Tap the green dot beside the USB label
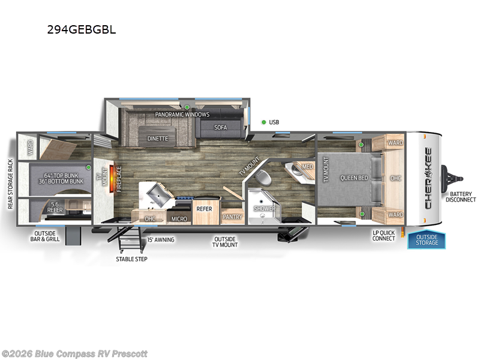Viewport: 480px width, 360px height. (x=263, y=122)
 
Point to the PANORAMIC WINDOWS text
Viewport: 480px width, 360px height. (x=182, y=114)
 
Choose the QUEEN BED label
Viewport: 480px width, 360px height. (x=353, y=178)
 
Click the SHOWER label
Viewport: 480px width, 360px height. (x=264, y=209)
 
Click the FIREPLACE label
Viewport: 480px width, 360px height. (x=118, y=178)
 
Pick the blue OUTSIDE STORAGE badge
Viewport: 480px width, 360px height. (x=427, y=239)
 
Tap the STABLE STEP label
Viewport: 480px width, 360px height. (x=131, y=259)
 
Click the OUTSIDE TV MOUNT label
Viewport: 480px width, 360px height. (x=225, y=242)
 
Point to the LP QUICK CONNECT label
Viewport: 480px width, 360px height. (x=384, y=235)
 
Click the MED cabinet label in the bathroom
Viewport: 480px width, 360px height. (x=307, y=166)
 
